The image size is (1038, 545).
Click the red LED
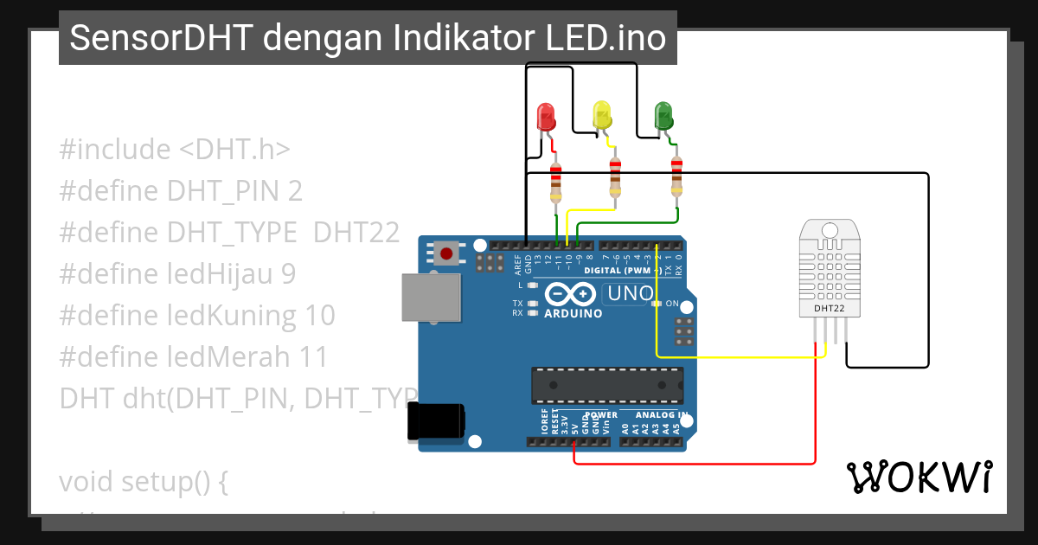pos(546,117)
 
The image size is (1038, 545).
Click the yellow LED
pos(601,115)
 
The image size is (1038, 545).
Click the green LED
pos(663,115)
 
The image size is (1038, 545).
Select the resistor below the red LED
pos(555,183)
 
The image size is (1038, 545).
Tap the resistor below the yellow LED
pos(615,178)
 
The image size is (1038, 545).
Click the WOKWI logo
pos(919,477)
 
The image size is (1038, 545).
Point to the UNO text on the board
pos(631,293)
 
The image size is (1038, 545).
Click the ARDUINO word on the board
pos(573,313)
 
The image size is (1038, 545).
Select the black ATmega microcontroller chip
pos(606,385)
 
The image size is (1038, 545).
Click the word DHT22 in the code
pos(356,232)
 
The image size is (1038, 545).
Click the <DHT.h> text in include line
pos(234,149)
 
